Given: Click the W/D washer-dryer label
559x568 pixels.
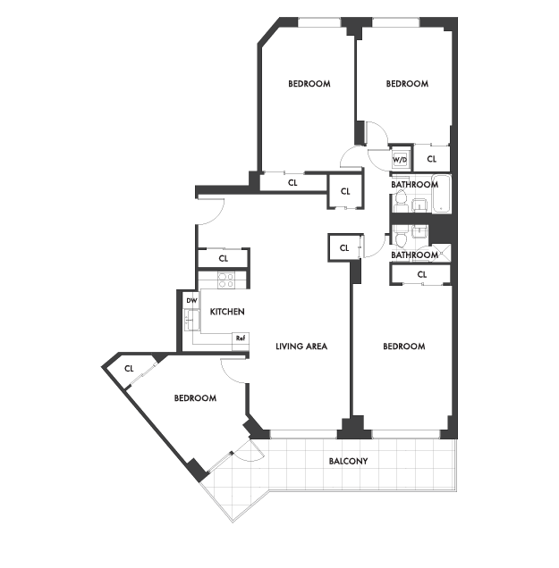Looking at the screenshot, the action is click(400, 160).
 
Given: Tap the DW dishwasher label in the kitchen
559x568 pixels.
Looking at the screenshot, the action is click(191, 301).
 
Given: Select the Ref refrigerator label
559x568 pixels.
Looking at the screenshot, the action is click(241, 338).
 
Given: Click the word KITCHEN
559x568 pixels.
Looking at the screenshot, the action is click(227, 312).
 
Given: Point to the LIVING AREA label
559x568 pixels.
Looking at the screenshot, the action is click(301, 347).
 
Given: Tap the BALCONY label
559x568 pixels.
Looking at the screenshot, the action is click(348, 461).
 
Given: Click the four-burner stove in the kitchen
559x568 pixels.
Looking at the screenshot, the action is click(226, 280).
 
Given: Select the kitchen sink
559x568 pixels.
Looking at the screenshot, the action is click(192, 320).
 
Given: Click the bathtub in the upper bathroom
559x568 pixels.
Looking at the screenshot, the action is click(442, 194).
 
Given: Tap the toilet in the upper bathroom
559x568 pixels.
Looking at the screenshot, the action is click(401, 202).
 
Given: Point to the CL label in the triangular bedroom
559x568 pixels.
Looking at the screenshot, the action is click(129, 369).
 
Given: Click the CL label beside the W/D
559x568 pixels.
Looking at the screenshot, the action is click(432, 159).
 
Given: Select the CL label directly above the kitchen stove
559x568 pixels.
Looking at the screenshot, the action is click(224, 258).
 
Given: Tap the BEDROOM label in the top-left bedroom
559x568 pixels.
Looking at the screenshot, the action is click(309, 84).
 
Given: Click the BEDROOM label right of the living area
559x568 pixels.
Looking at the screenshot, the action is click(404, 347).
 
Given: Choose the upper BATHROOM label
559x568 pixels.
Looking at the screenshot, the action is click(415, 184).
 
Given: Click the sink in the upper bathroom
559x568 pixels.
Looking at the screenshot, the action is click(420, 205).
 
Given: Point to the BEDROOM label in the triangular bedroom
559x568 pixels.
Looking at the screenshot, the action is click(195, 398).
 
